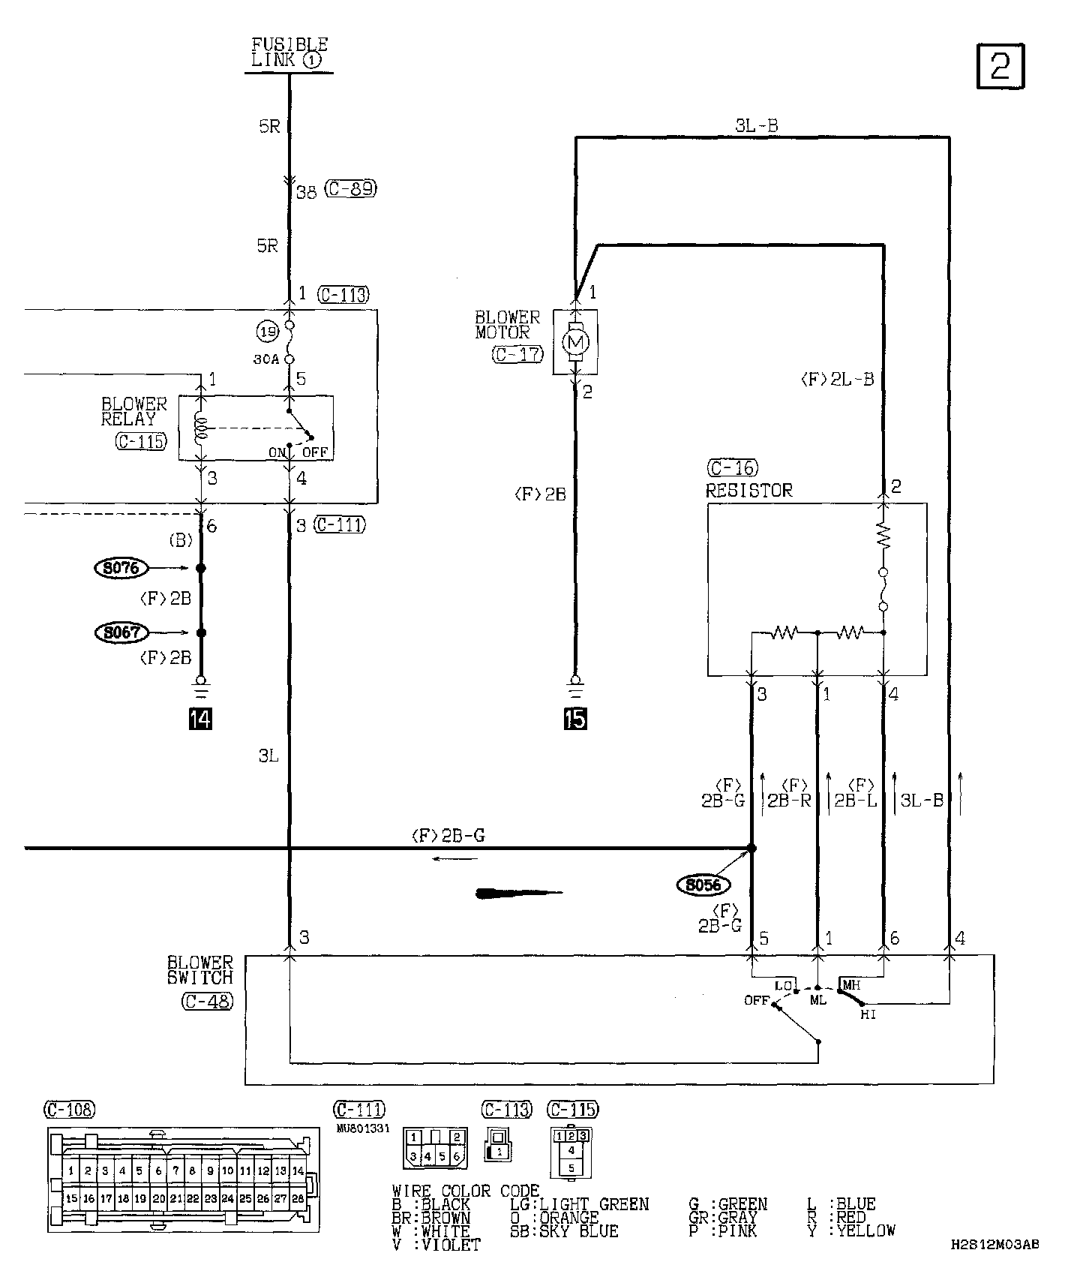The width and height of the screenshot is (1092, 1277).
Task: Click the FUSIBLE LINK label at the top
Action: click(x=289, y=53)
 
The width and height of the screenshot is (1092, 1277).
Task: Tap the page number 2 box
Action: click(x=1000, y=67)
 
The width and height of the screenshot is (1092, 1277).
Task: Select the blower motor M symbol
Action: click(x=575, y=343)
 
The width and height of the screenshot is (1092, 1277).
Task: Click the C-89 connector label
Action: click(x=351, y=189)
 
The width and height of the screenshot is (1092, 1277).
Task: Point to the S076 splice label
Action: click(x=122, y=568)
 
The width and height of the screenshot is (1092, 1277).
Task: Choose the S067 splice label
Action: click(x=122, y=632)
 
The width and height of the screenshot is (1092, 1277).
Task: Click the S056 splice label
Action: click(x=703, y=885)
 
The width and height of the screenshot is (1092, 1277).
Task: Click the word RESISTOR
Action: click(x=748, y=491)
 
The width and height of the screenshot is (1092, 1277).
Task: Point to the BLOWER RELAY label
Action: click(x=134, y=411)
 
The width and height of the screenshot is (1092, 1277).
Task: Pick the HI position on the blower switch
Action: click(x=868, y=1014)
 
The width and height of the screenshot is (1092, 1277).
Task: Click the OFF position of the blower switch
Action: click(x=757, y=1000)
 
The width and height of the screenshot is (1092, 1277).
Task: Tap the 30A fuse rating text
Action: click(x=266, y=359)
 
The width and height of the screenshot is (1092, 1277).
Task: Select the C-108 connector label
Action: click(x=70, y=1109)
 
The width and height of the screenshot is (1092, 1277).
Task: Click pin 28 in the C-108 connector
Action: click(x=298, y=1199)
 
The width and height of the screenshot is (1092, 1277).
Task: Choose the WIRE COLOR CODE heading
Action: click(x=465, y=1191)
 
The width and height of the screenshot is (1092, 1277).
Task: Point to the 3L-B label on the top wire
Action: click(x=756, y=126)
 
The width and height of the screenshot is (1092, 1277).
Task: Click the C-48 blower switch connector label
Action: click(x=207, y=1001)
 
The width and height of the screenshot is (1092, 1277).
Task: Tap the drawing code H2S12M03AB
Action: click(x=994, y=1245)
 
